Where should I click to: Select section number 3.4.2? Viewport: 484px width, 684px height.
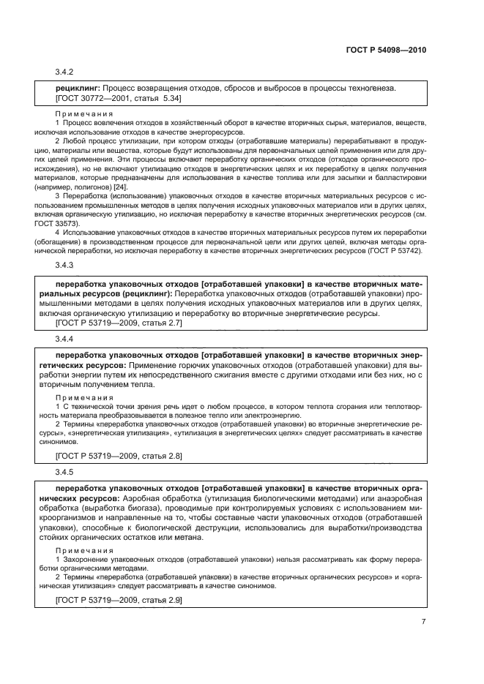tap(65, 72)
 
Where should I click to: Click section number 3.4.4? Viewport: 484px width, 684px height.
tap(65, 339)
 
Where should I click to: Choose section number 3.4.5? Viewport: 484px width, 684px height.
tap(65, 472)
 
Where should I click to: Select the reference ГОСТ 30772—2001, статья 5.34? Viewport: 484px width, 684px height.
tap(119, 97)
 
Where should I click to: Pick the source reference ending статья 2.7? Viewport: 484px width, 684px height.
tap(119, 323)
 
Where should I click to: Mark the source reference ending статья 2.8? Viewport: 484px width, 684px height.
tap(119, 455)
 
